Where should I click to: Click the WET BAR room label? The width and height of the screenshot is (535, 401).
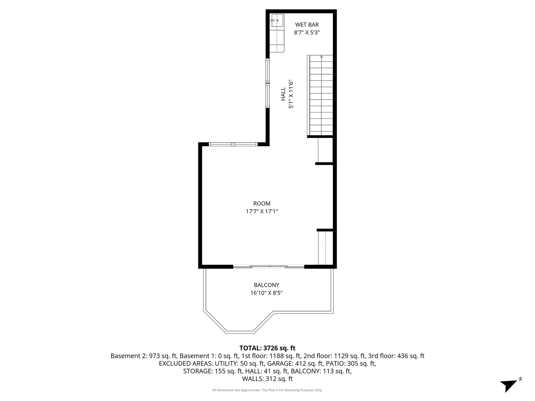(307, 25)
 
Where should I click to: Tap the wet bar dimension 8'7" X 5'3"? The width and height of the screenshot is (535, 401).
(307, 32)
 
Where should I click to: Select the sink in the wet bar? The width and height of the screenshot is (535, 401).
(277, 21)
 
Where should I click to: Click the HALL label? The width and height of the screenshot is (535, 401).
(283, 94)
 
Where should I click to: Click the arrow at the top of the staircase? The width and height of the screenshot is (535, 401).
(321, 57)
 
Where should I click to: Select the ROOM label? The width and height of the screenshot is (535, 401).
(262, 203)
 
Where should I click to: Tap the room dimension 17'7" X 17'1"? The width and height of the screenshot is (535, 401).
(262, 211)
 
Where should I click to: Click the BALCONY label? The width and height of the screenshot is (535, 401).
(266, 285)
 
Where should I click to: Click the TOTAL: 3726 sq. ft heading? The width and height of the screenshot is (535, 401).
(267, 348)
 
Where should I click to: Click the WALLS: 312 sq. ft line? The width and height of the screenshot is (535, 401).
(267, 379)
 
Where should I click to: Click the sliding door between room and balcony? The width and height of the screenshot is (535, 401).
(269, 266)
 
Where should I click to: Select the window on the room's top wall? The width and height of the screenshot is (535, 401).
(233, 144)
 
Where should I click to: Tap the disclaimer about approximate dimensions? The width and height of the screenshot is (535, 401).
(267, 390)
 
